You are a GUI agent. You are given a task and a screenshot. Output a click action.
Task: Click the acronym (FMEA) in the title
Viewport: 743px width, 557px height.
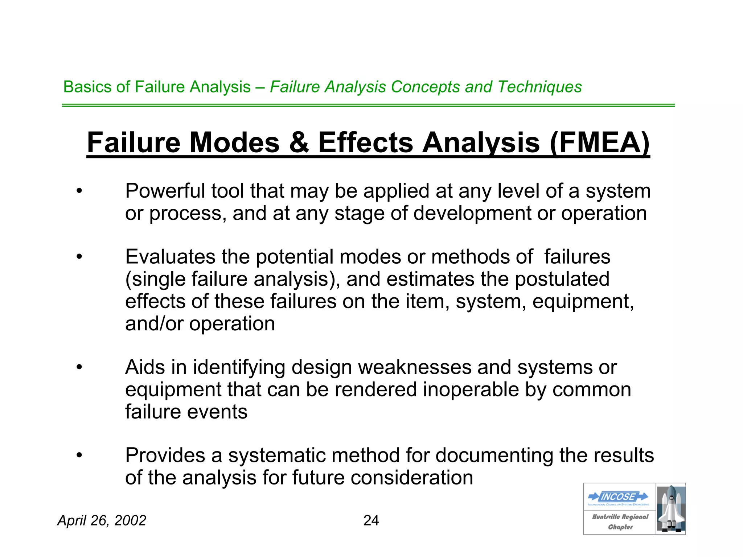(599, 143)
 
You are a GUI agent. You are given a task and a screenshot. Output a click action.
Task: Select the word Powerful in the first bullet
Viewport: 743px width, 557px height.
(165, 191)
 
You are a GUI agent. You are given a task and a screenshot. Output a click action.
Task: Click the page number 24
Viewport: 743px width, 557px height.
(371, 521)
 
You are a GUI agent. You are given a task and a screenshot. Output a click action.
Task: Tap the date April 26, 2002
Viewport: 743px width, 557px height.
(102, 521)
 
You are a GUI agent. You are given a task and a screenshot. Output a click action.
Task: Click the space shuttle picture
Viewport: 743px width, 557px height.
(670, 509)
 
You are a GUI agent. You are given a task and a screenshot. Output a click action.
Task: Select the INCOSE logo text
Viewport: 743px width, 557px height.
(618, 496)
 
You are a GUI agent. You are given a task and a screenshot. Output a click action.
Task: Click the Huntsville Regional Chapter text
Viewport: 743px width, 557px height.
(620, 522)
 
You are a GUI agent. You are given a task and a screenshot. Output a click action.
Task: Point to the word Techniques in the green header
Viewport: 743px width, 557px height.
(539, 87)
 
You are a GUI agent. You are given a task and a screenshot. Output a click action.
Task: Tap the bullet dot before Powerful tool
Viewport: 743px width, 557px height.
(79, 191)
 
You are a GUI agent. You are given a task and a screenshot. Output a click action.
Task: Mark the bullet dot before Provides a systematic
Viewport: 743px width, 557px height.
(79, 455)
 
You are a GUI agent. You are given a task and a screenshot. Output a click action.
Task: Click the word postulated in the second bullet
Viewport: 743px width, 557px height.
(562, 280)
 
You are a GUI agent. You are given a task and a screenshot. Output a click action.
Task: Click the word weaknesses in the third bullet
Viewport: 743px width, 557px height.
(415, 367)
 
